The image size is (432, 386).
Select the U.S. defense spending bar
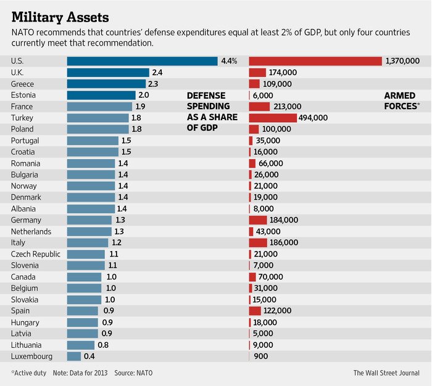point(142,61)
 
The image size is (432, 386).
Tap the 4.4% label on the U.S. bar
point(228,61)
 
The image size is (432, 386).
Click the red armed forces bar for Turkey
point(272,118)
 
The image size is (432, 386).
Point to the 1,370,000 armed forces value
point(402,61)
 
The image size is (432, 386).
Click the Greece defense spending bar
point(106,84)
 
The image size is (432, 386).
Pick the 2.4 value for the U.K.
point(157,72)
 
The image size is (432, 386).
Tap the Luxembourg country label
point(31,356)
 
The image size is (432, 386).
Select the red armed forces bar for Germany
point(257,220)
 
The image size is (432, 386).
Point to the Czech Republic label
point(35,254)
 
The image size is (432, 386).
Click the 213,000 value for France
point(286,107)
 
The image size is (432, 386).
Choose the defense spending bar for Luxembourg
point(73,356)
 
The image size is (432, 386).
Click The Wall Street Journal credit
point(386,373)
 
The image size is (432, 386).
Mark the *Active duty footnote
point(28,373)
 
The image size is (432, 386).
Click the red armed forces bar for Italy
point(258,243)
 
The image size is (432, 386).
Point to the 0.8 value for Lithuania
point(103,345)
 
